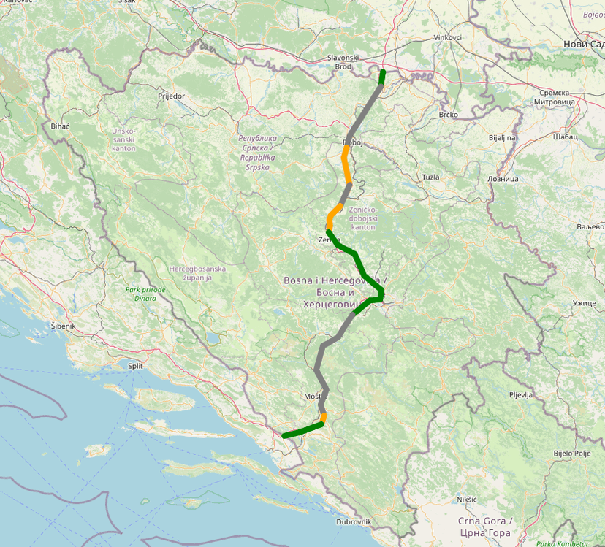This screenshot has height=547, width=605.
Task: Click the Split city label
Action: (x=134, y=366)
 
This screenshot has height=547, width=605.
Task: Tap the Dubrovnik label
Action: (x=354, y=521)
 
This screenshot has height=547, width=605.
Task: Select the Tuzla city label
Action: (x=431, y=177)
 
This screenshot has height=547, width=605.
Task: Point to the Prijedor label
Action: (x=171, y=96)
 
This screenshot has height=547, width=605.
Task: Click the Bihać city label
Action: (x=60, y=126)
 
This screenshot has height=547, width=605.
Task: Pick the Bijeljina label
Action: (x=502, y=137)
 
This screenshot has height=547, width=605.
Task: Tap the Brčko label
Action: (x=448, y=115)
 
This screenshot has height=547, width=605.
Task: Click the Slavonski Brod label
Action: (x=343, y=62)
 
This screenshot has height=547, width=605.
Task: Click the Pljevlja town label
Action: (x=522, y=394)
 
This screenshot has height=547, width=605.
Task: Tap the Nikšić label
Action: (x=466, y=499)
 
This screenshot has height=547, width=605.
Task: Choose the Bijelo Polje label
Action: (x=571, y=453)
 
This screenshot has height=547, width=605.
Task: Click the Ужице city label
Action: (x=585, y=302)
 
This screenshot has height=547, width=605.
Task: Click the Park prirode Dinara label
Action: (x=145, y=294)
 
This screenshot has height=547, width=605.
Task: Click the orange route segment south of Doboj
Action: (x=346, y=164)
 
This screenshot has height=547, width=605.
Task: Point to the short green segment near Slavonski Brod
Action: (x=382, y=77)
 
